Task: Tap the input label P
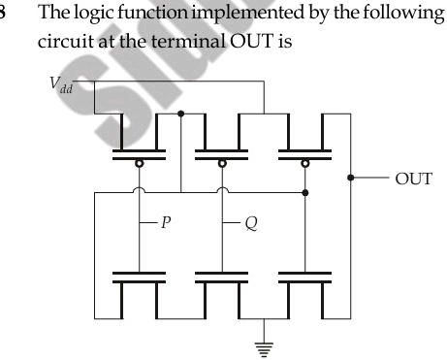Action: click(x=167, y=223)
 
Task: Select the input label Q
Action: click(x=250, y=223)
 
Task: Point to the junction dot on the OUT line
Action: click(x=349, y=178)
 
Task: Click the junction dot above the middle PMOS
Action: click(x=181, y=114)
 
